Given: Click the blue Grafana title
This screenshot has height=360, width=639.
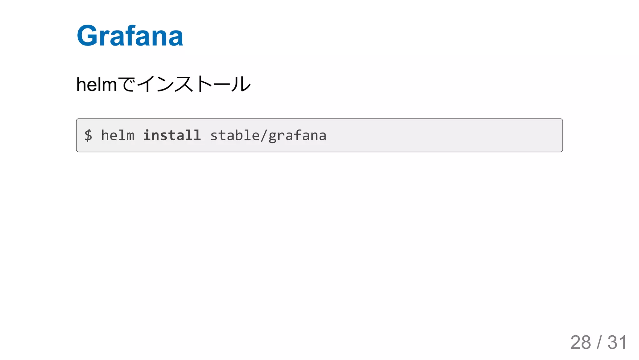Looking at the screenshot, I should [x=130, y=36].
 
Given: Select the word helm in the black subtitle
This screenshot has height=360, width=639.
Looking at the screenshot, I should [x=96, y=85].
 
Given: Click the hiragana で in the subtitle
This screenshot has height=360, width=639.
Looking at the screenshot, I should [x=127, y=84].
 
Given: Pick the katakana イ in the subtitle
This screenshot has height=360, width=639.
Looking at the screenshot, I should [x=146, y=84].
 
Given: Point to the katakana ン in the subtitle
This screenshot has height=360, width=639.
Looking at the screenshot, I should [x=165, y=84].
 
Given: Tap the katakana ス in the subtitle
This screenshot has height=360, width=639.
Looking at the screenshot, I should [x=184, y=84].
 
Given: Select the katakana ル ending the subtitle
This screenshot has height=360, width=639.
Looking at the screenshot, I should [x=241, y=84].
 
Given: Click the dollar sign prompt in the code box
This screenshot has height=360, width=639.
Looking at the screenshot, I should [x=88, y=135].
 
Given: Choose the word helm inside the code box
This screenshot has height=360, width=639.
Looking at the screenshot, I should [x=118, y=135].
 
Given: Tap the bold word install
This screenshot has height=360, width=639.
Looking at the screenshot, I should [x=172, y=135].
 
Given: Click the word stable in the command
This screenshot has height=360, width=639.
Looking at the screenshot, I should [x=235, y=135].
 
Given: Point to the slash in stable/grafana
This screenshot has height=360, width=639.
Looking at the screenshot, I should [x=264, y=135].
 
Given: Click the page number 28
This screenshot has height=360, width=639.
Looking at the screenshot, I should [x=580, y=342].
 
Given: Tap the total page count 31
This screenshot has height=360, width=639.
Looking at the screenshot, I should [x=617, y=342].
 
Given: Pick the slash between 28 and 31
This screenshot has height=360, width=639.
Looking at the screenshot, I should [x=599, y=342].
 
